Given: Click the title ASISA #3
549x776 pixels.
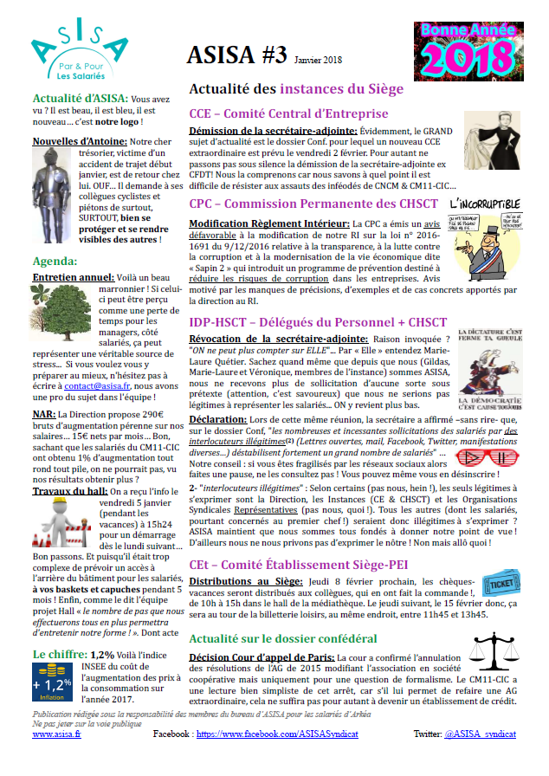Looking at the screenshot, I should (236, 57).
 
